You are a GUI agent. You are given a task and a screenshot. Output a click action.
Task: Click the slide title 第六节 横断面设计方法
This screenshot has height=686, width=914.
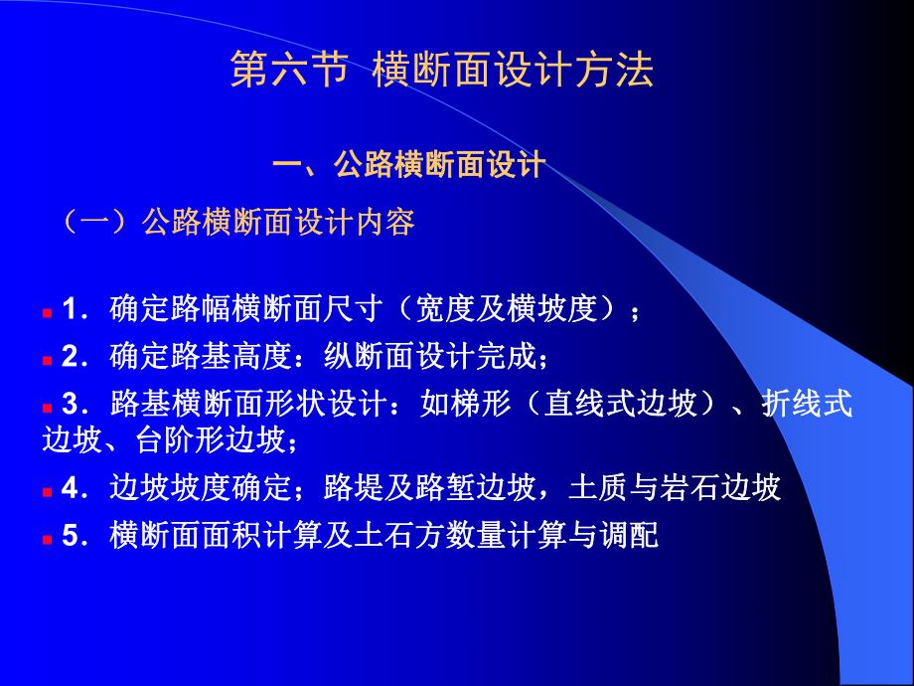442,70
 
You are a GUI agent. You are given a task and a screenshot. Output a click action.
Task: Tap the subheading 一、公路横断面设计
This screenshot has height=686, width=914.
409,164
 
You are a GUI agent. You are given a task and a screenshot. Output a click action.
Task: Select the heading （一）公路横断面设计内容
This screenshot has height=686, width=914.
238,222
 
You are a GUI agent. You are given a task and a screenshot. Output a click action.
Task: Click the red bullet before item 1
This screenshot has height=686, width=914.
48,314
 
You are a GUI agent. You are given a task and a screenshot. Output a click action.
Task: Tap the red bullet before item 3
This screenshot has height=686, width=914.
48,409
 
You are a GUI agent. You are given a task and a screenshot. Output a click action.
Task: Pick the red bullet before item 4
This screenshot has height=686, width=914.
48,493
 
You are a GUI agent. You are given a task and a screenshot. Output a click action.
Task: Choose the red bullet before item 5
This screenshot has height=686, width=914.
48,540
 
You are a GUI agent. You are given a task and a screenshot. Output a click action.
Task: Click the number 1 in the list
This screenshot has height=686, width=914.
69,309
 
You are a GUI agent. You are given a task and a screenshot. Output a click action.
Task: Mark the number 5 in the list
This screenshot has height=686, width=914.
69,536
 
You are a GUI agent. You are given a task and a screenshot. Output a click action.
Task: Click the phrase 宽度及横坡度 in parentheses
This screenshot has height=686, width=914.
506,309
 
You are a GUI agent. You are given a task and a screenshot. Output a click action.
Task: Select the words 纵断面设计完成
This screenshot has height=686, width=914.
431,356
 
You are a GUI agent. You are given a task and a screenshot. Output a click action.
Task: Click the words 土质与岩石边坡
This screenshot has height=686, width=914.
675,488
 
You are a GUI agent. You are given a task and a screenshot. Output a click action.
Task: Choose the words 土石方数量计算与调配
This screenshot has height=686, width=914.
507,536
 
